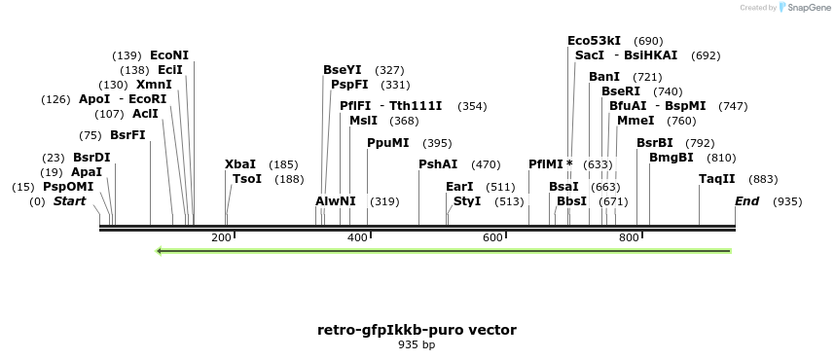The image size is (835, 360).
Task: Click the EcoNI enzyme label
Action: tap(169, 55)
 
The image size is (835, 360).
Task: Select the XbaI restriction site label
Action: tap(240, 164)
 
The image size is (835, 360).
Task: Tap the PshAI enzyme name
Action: tap(438, 164)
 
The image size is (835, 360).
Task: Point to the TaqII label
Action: tap(716, 179)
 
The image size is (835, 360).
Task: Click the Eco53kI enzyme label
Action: tap(594, 41)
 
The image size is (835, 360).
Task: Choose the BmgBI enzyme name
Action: tap(672, 157)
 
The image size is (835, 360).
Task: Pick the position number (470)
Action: tap(486, 164)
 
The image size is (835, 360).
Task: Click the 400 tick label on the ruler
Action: tap(357, 238)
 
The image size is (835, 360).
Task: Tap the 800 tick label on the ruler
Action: tap(628, 238)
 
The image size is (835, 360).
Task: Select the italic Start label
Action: tap(69, 201)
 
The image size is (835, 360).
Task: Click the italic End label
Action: tap(746, 201)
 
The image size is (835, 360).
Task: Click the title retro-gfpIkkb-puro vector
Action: tap(417, 330)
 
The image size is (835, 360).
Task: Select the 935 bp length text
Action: tap(417, 344)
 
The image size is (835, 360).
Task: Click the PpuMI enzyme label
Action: tap(388, 143)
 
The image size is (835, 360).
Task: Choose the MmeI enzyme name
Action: tap(635, 121)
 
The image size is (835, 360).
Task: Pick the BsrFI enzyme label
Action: tap(127, 135)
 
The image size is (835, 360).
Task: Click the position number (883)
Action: tap(764, 179)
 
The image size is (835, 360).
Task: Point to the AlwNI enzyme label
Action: tap(336, 201)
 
